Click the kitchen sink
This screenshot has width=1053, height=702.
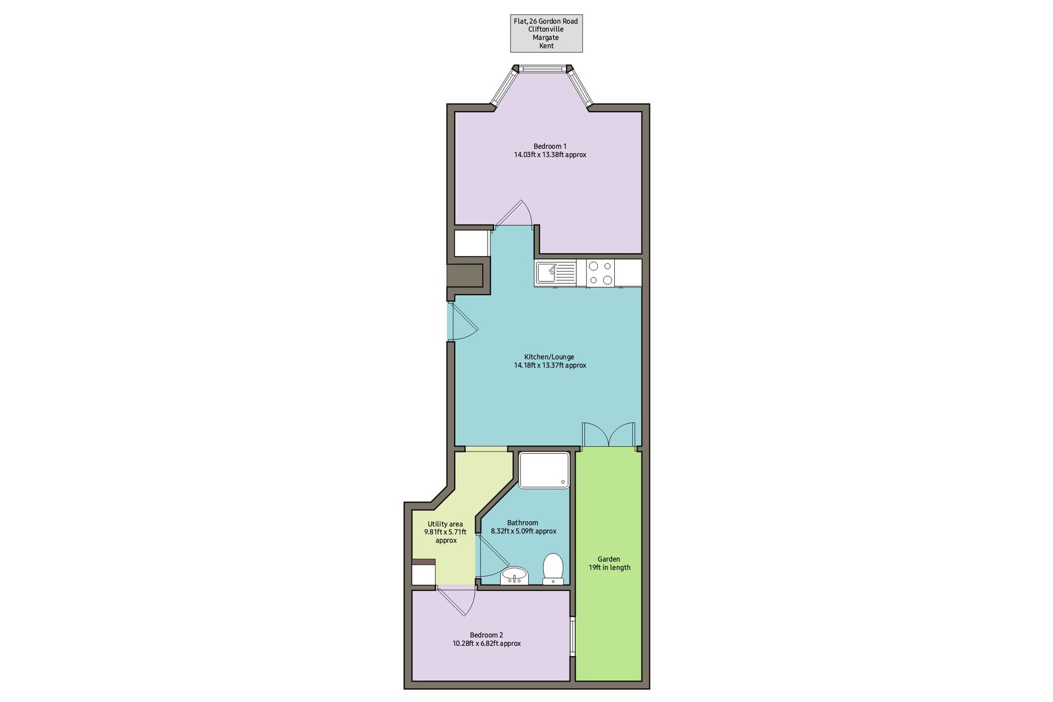[x=555, y=273]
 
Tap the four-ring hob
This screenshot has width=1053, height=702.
[x=600, y=273]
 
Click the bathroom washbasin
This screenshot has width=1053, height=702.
[x=514, y=576]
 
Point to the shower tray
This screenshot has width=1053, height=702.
[x=545, y=470]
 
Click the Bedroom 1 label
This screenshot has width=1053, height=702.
[x=550, y=150]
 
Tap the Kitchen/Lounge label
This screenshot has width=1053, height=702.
[x=550, y=361]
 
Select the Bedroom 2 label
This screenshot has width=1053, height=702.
[x=486, y=639]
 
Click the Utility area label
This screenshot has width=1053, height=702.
[x=445, y=532]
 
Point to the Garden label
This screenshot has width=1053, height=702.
[x=609, y=563]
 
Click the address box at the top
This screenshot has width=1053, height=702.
[x=546, y=33]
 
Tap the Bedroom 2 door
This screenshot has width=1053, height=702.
[x=456, y=601]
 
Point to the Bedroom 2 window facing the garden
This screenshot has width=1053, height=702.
[x=573, y=636]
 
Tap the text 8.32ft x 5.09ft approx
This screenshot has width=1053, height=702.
[x=523, y=531]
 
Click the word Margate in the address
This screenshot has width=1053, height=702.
[x=546, y=37]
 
